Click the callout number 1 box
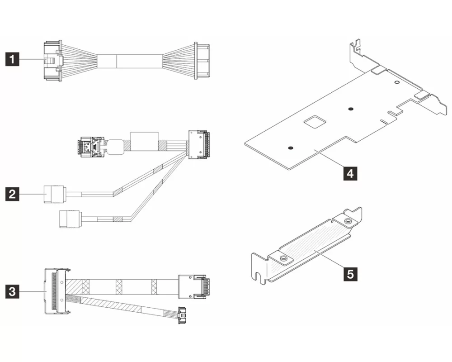click(x=13, y=59)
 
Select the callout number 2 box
click(x=13, y=195)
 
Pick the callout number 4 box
click(x=348, y=172)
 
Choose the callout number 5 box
click(x=348, y=273)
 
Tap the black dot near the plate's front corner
click(x=291, y=148)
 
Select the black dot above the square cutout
click(x=350, y=109)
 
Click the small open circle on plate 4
click(x=396, y=83)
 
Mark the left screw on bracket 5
click(x=283, y=258)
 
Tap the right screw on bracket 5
click(x=347, y=221)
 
